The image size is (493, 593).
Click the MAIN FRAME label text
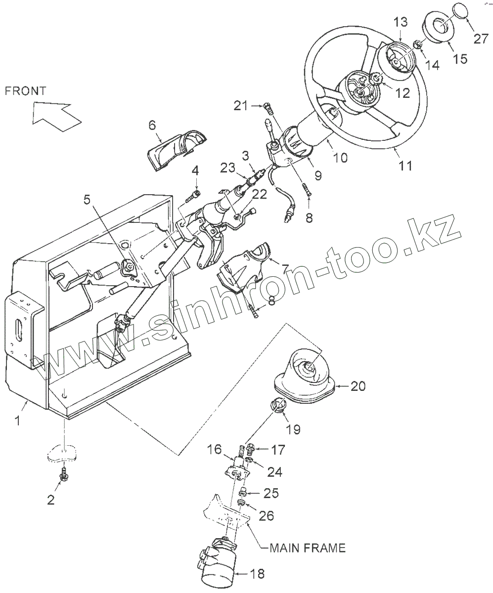pos(307,548)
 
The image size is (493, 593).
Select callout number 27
pos(481,39)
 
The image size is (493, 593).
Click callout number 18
pos(257,574)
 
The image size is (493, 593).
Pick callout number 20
pos(359,386)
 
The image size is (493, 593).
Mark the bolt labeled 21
pos(268,106)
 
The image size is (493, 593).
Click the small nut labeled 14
pos(418,45)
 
